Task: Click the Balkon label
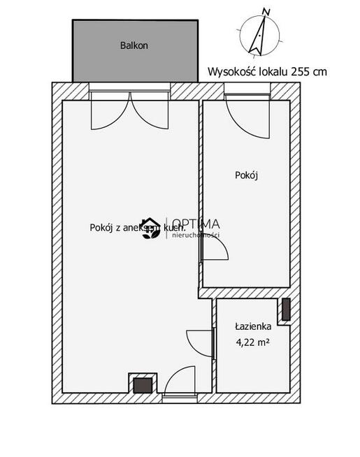pyautogui.click(x=134, y=45)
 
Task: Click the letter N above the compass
pyautogui.click(x=266, y=10)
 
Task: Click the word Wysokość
pyautogui.click(x=231, y=71)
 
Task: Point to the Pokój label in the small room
pyautogui.click(x=247, y=175)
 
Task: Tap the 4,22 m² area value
pyautogui.click(x=252, y=342)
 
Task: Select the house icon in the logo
pyautogui.click(x=150, y=228)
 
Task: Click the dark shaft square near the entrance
pyautogui.click(x=142, y=385)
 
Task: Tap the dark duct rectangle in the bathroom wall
pyautogui.click(x=286, y=310)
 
